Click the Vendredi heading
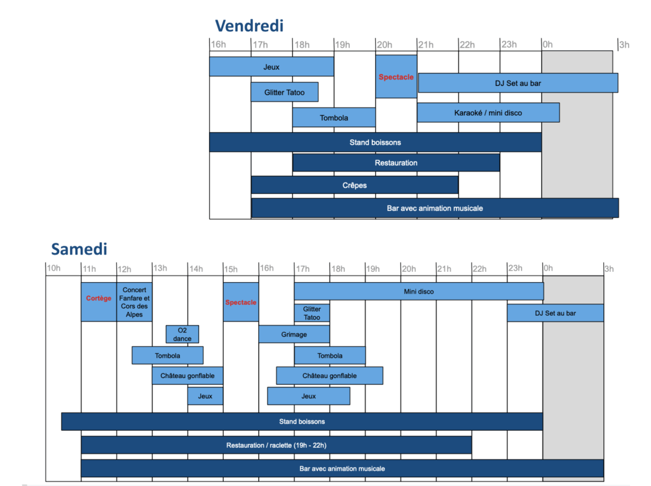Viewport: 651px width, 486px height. (x=249, y=26)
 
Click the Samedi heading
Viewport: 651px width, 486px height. (x=79, y=249)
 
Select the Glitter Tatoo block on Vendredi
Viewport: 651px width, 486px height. (x=284, y=92)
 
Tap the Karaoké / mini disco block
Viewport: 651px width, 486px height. (x=488, y=112)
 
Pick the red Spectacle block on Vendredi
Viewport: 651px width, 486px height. (x=396, y=77)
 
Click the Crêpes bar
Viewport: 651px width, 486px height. (x=355, y=185)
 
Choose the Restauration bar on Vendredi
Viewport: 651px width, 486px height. (x=396, y=163)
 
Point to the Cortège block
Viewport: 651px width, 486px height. (x=99, y=302)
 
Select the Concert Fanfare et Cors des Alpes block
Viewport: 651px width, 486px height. (x=135, y=302)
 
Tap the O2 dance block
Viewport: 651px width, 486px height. (x=182, y=334)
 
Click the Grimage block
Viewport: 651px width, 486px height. (x=294, y=334)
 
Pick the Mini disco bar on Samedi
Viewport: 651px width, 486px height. (x=419, y=292)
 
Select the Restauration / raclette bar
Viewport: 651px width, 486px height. (x=277, y=445)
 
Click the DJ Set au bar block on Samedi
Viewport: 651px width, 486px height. (x=556, y=313)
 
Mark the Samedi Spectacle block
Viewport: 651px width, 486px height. (x=241, y=302)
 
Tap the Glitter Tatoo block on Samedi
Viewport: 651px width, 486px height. (x=312, y=313)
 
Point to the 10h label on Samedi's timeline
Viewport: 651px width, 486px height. (x=53, y=268)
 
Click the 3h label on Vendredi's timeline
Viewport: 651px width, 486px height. (x=624, y=44)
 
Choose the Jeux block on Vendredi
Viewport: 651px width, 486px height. (x=271, y=67)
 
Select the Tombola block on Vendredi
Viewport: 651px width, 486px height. (x=334, y=118)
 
